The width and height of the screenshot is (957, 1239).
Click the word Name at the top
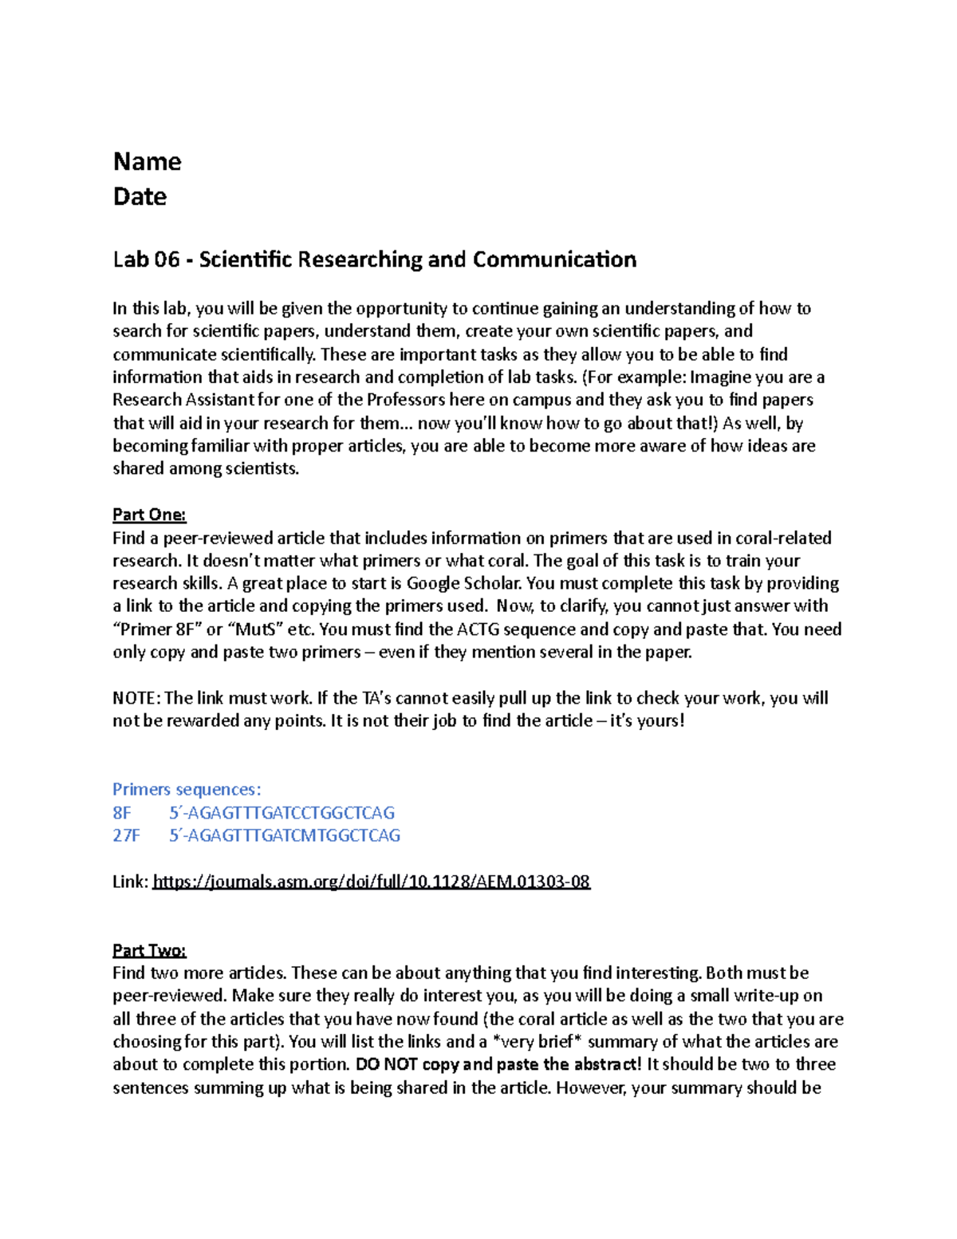[147, 162]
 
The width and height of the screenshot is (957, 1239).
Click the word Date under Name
[140, 197]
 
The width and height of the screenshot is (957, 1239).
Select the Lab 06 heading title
[374, 260]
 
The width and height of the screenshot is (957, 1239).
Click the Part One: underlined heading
[149, 515]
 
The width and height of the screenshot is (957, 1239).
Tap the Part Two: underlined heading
[149, 950]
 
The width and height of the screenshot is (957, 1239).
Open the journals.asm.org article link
[371, 882]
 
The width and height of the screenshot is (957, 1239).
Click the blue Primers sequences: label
[187, 790]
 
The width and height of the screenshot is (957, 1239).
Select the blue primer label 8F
[122, 813]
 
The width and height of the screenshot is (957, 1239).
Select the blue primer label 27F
[126, 836]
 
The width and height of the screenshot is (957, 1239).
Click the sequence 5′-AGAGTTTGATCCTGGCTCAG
[282, 813]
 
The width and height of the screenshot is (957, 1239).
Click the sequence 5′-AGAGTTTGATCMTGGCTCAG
[284, 836]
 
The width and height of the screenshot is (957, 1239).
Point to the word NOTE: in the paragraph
[136, 698]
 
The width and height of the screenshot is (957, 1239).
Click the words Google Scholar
[463, 583]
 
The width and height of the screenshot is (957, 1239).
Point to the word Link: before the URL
[130, 882]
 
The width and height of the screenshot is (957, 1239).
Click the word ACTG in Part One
[478, 629]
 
